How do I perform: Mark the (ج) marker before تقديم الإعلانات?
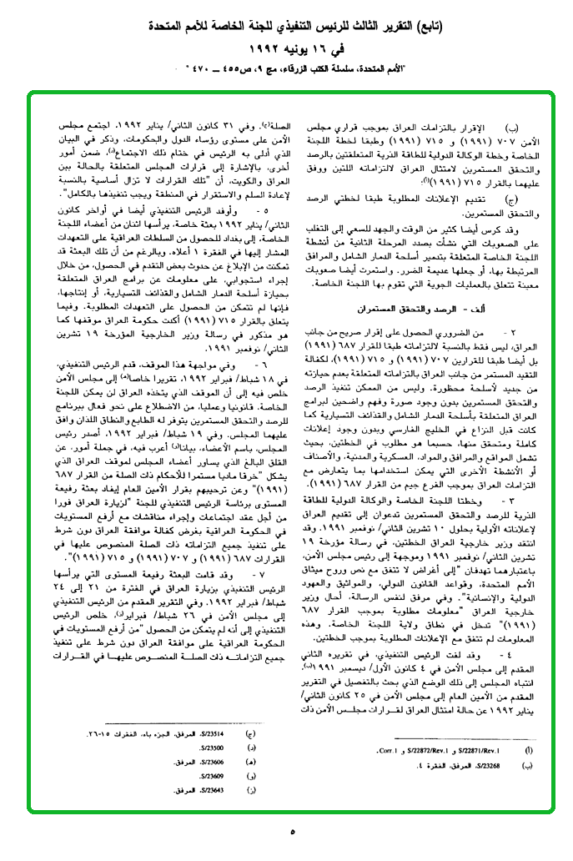tap(511, 197)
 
